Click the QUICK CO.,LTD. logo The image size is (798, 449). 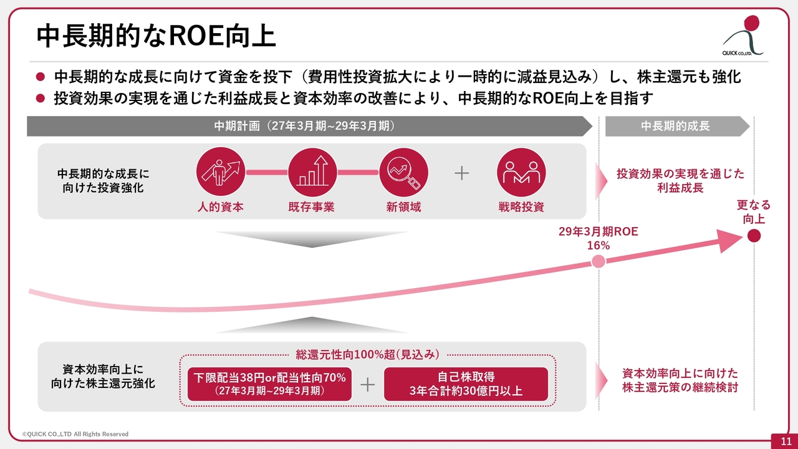743,36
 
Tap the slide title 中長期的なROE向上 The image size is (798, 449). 156,36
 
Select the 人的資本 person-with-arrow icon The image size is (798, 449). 221,171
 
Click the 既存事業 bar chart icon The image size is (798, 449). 312,171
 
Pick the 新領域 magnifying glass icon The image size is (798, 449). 403,171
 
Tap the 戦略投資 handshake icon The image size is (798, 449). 521,171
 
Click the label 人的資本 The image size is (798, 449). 221,206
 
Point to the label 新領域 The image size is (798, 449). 403,206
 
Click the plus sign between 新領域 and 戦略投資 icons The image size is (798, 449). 462,173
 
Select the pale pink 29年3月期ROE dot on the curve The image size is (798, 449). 598,261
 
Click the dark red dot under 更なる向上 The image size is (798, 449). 754,236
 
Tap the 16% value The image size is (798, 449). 598,246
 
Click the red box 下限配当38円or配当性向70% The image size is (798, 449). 270,384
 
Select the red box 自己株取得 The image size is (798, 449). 466,384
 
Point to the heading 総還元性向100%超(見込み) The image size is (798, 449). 367,355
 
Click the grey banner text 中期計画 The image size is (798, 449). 237,126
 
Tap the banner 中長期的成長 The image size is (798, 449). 678,126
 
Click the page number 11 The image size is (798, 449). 786,442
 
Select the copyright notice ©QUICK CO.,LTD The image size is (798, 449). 75,434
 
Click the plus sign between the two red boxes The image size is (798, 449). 368,385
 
